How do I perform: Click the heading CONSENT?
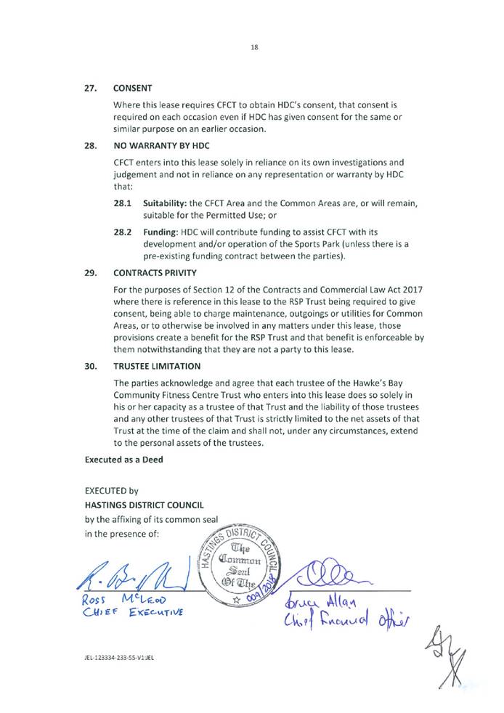tap(132, 88)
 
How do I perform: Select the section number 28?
tap(91, 145)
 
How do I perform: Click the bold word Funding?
tap(160, 232)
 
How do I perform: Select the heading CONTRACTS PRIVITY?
tap(155, 273)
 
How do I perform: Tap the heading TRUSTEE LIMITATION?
tap(158, 366)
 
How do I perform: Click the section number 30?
tap(91, 366)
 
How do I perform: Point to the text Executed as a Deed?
tap(123, 459)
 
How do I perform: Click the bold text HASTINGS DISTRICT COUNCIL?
tap(145, 504)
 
